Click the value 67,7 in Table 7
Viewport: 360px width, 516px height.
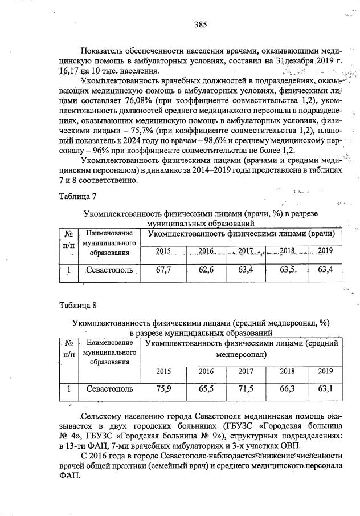tap(163, 270)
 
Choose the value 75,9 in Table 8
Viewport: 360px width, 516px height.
tap(163, 389)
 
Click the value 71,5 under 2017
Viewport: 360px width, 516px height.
tap(246, 389)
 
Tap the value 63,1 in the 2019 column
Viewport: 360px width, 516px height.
tap(325, 389)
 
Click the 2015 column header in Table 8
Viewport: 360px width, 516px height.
tap(163, 371)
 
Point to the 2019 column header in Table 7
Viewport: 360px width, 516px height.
tap(325, 250)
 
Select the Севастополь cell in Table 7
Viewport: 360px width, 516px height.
tap(110, 270)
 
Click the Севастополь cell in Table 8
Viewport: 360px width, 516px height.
tap(110, 389)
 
